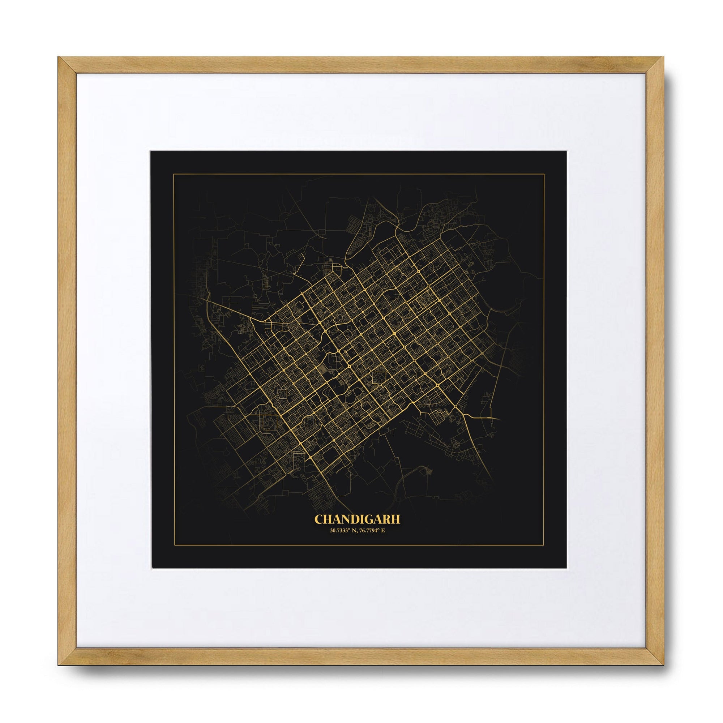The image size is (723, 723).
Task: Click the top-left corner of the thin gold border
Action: tap(173, 174)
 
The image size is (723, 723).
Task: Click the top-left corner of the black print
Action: tap(150, 151)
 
